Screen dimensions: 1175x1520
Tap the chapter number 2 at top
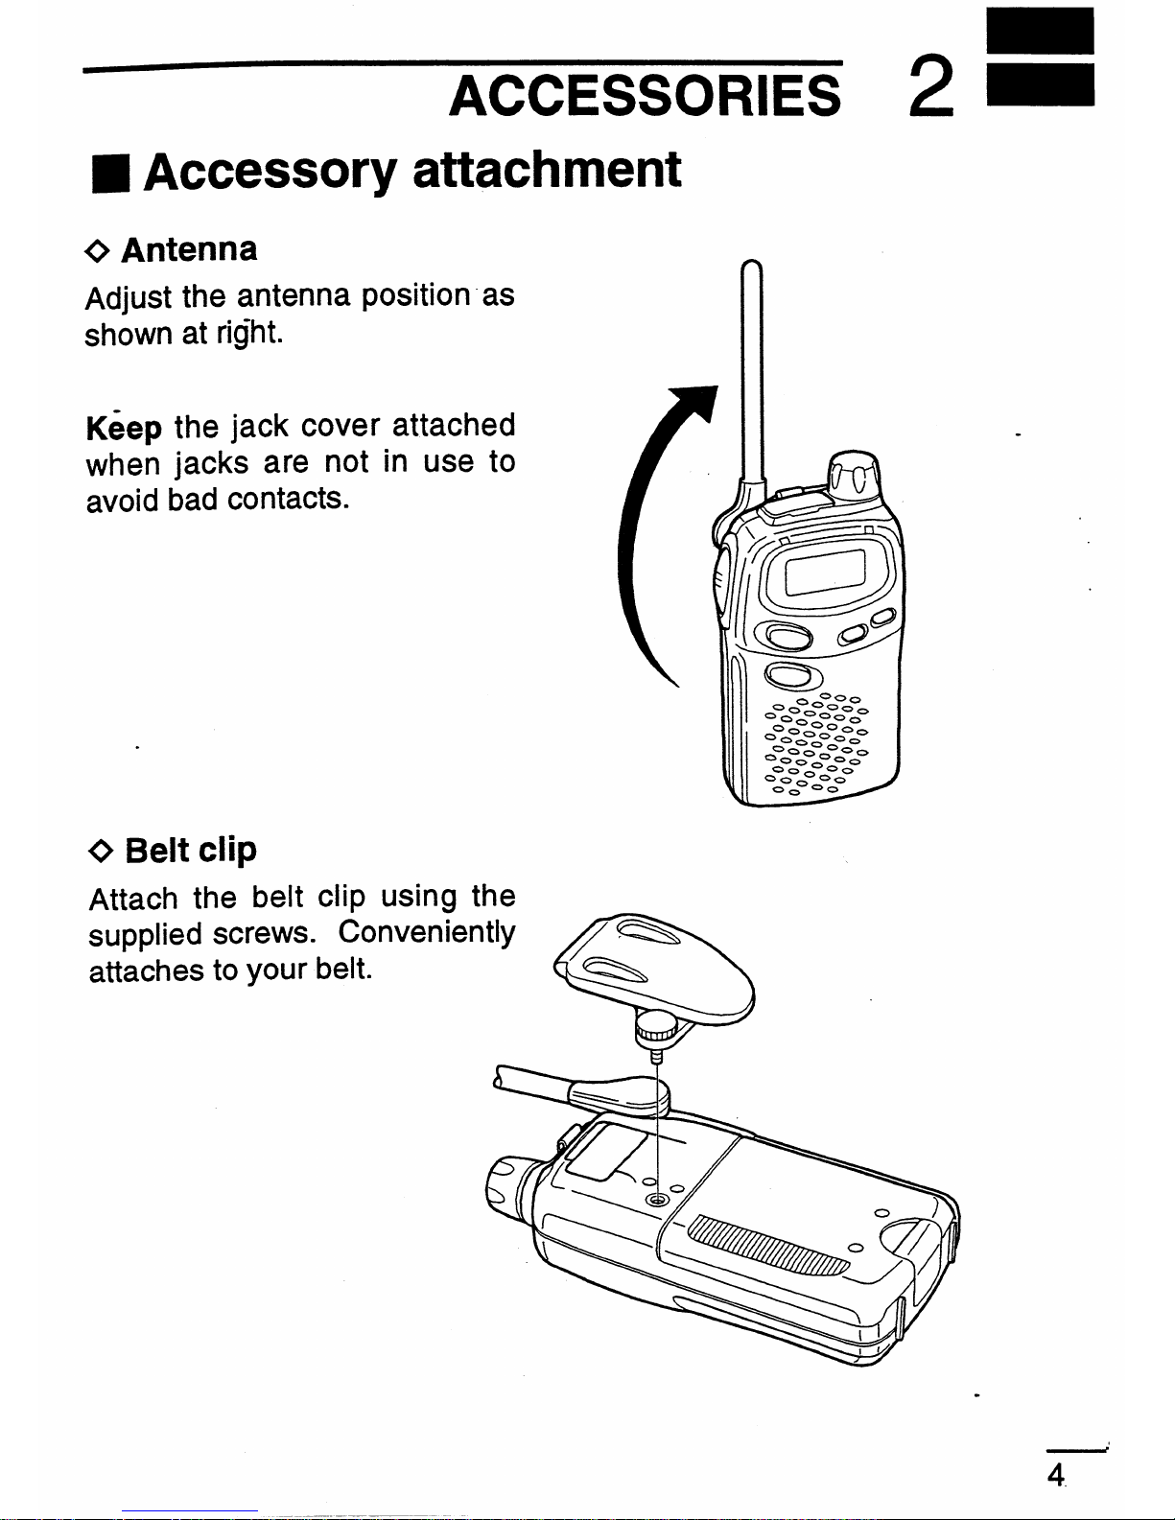[928, 85]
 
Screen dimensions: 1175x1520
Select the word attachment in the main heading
[547, 170]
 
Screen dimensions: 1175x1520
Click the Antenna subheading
[189, 249]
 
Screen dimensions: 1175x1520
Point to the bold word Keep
[124, 427]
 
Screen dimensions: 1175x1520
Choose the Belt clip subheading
[191, 850]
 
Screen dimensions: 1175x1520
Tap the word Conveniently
[427, 932]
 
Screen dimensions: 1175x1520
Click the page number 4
[1055, 1475]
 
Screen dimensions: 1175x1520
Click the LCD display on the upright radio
[825, 573]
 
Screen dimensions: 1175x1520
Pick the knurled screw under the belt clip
[656, 1027]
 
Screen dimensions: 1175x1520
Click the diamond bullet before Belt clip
[102, 851]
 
